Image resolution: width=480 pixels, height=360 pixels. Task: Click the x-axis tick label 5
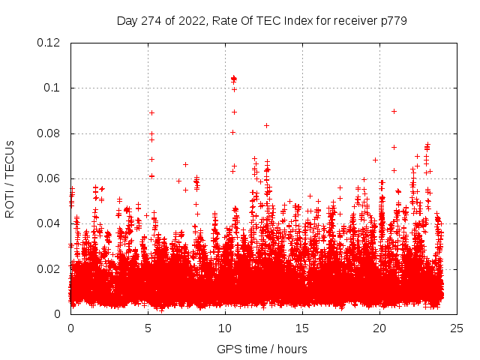(148, 328)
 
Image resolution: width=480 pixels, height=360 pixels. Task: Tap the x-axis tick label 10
(225, 328)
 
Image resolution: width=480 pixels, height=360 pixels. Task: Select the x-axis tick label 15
(302, 328)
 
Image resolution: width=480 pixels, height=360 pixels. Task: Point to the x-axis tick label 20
(379, 328)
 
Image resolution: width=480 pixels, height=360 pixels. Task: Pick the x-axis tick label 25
(457, 328)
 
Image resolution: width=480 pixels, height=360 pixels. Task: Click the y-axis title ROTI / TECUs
(10, 178)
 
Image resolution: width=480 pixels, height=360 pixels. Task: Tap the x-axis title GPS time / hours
(262, 349)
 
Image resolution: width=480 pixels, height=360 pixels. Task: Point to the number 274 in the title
(151, 21)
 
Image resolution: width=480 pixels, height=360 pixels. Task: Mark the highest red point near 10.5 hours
(233, 78)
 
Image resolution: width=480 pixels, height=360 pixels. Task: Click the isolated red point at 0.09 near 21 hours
(394, 111)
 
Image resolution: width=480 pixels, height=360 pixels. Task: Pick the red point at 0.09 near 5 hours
(151, 112)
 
